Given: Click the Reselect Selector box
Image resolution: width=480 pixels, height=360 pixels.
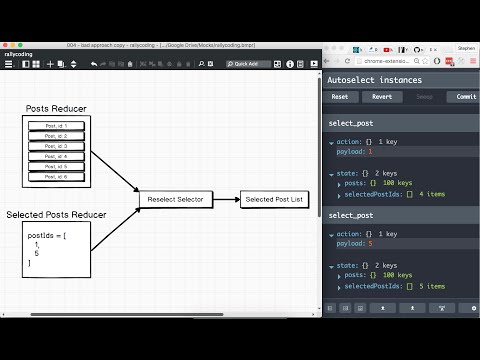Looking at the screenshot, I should point(175,200).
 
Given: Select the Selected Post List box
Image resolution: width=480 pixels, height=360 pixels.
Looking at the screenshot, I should point(273,200).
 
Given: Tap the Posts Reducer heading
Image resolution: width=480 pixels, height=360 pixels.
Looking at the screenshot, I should point(57,107).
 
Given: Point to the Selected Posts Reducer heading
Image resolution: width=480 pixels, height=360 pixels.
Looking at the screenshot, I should point(57,215).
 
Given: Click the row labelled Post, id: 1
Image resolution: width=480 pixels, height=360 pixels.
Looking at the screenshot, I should point(56,125).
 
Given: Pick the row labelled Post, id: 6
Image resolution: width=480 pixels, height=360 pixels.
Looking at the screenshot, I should point(56,177).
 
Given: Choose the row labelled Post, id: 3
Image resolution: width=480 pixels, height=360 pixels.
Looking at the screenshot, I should point(56,146).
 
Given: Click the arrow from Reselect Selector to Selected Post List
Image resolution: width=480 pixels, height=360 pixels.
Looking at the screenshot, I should point(225,200).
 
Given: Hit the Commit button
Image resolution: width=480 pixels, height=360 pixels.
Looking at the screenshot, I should point(464,97).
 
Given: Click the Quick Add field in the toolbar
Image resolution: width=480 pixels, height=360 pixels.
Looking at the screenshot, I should point(248,64).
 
